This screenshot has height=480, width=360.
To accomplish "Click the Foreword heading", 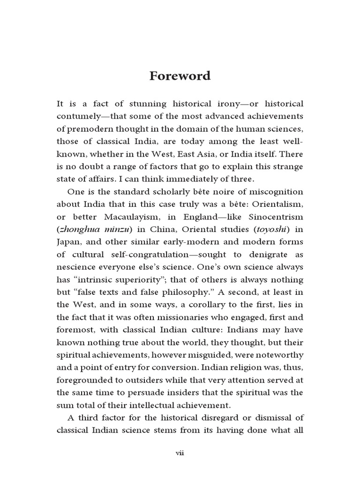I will pos(180,75).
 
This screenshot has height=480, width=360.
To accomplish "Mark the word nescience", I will pos(76,266).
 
